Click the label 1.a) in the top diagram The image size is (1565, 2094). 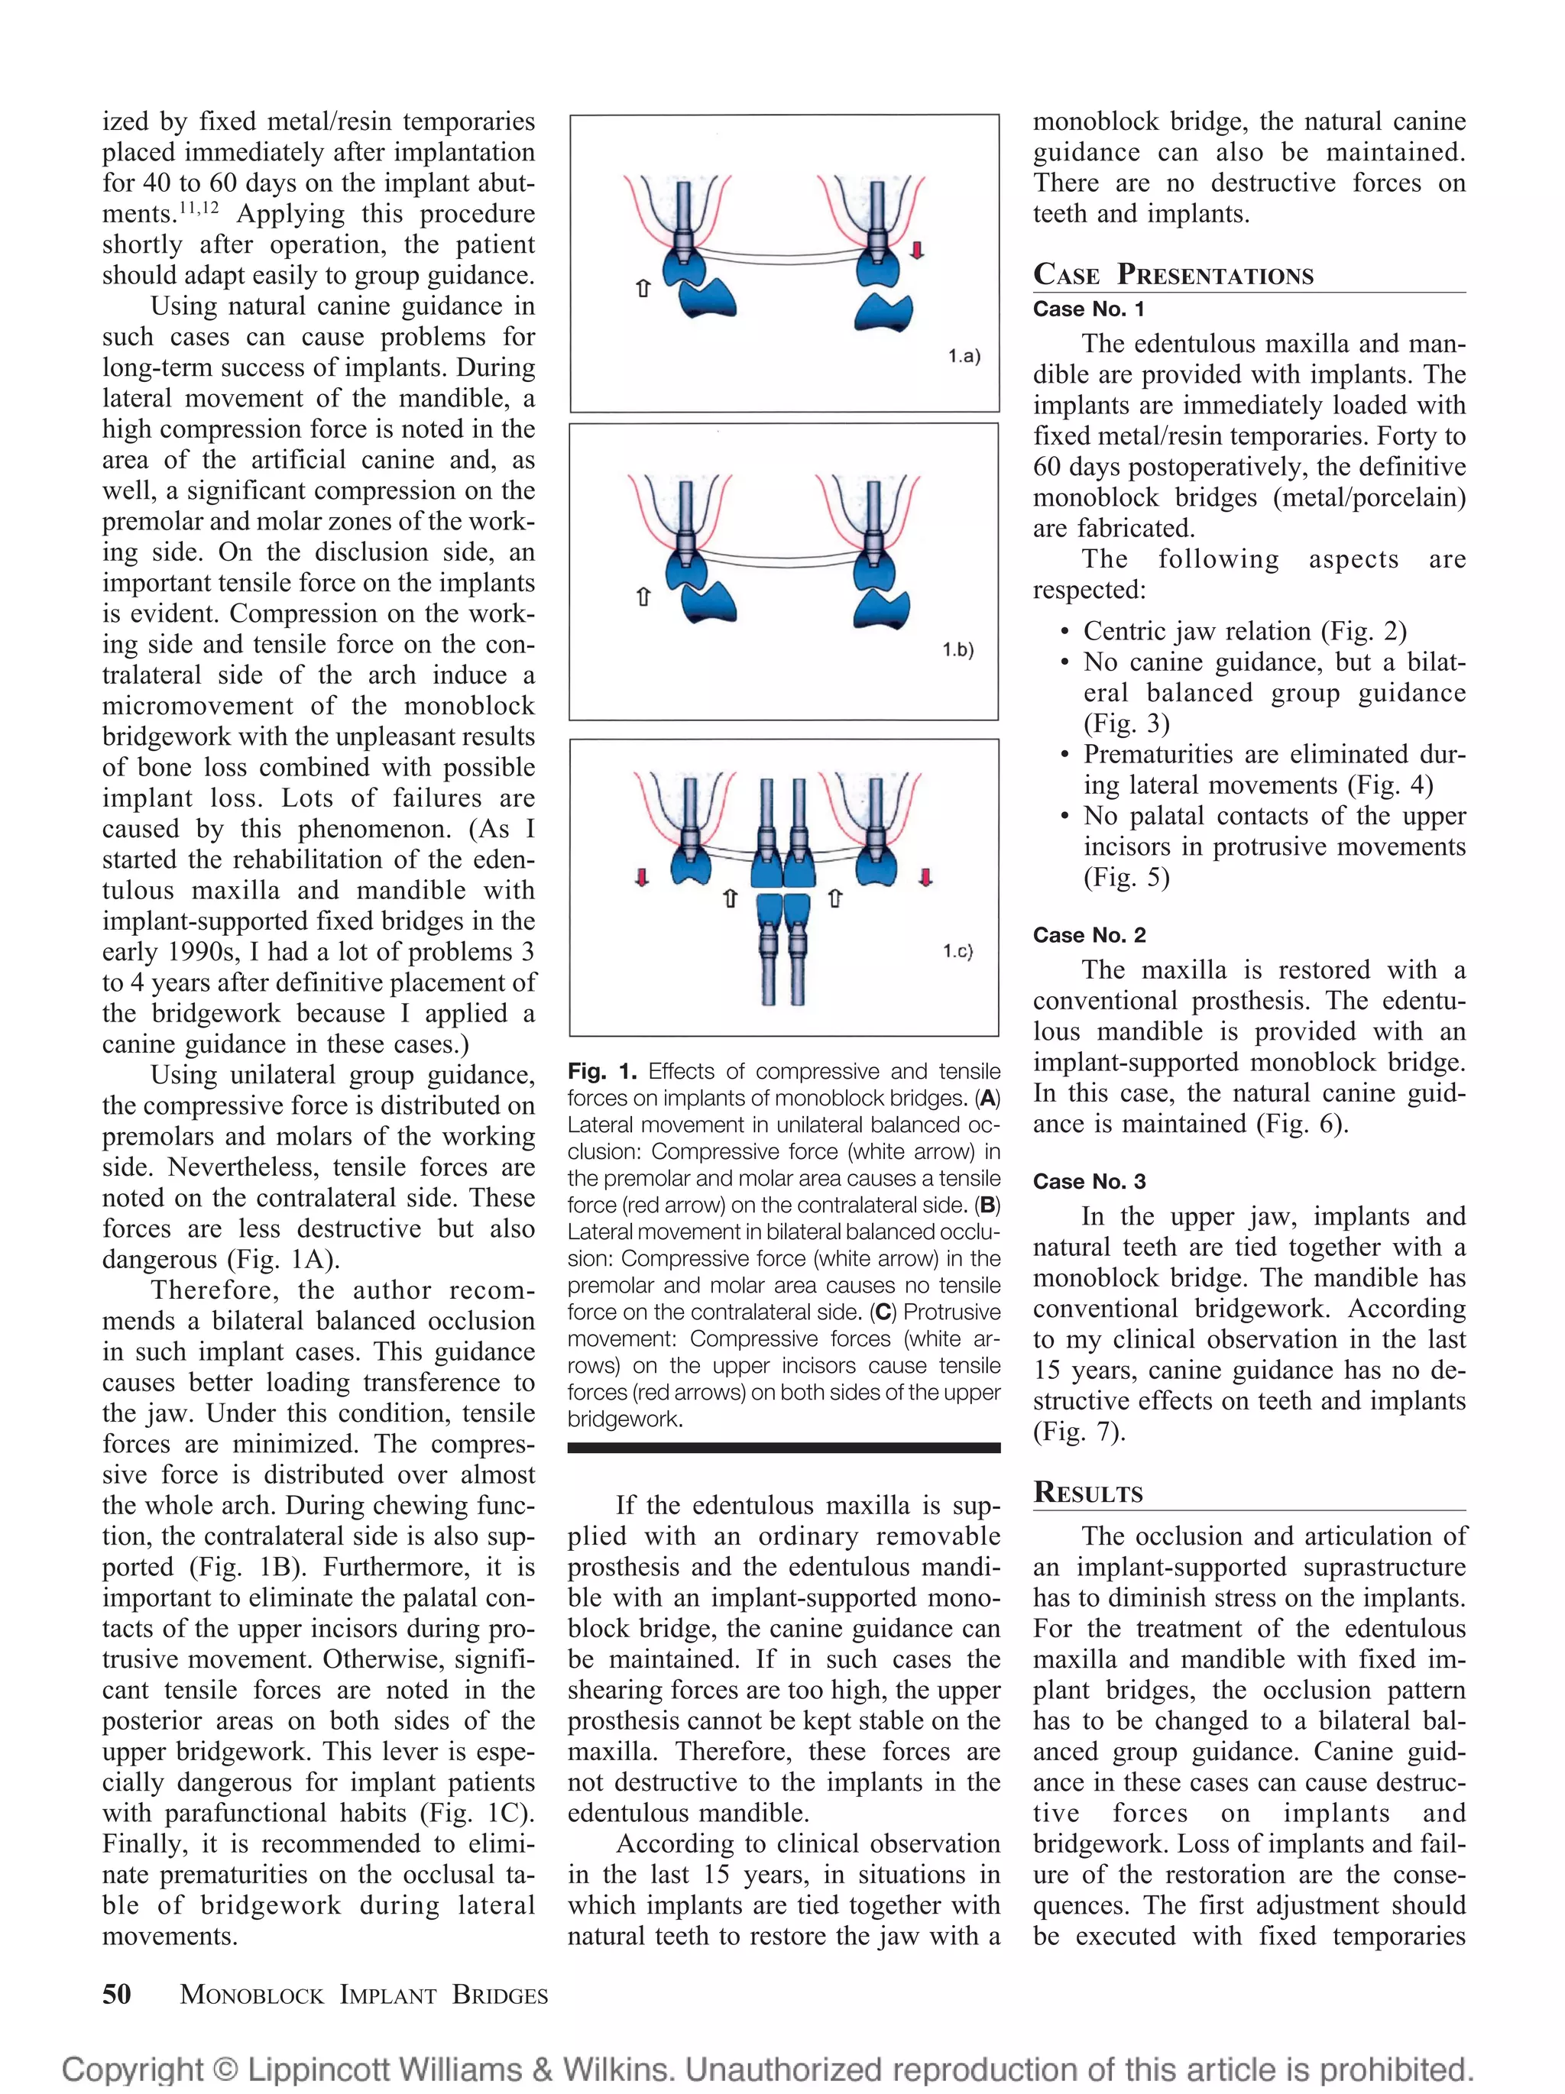coord(964,356)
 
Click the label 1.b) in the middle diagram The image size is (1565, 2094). coord(957,649)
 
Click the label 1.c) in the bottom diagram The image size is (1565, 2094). coord(957,950)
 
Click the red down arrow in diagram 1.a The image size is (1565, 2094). coord(916,250)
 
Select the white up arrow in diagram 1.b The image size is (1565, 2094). coord(643,597)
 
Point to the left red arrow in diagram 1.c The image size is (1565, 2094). coord(642,878)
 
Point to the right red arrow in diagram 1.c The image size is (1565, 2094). coord(925,878)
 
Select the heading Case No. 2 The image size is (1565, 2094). coord(1089,935)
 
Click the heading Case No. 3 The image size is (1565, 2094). coord(1089,1181)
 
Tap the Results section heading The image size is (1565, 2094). coord(1088,1493)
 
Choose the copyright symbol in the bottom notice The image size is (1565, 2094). coord(225,2070)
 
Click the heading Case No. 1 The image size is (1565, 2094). coord(1088,309)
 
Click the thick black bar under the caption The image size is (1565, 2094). coord(784,1448)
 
